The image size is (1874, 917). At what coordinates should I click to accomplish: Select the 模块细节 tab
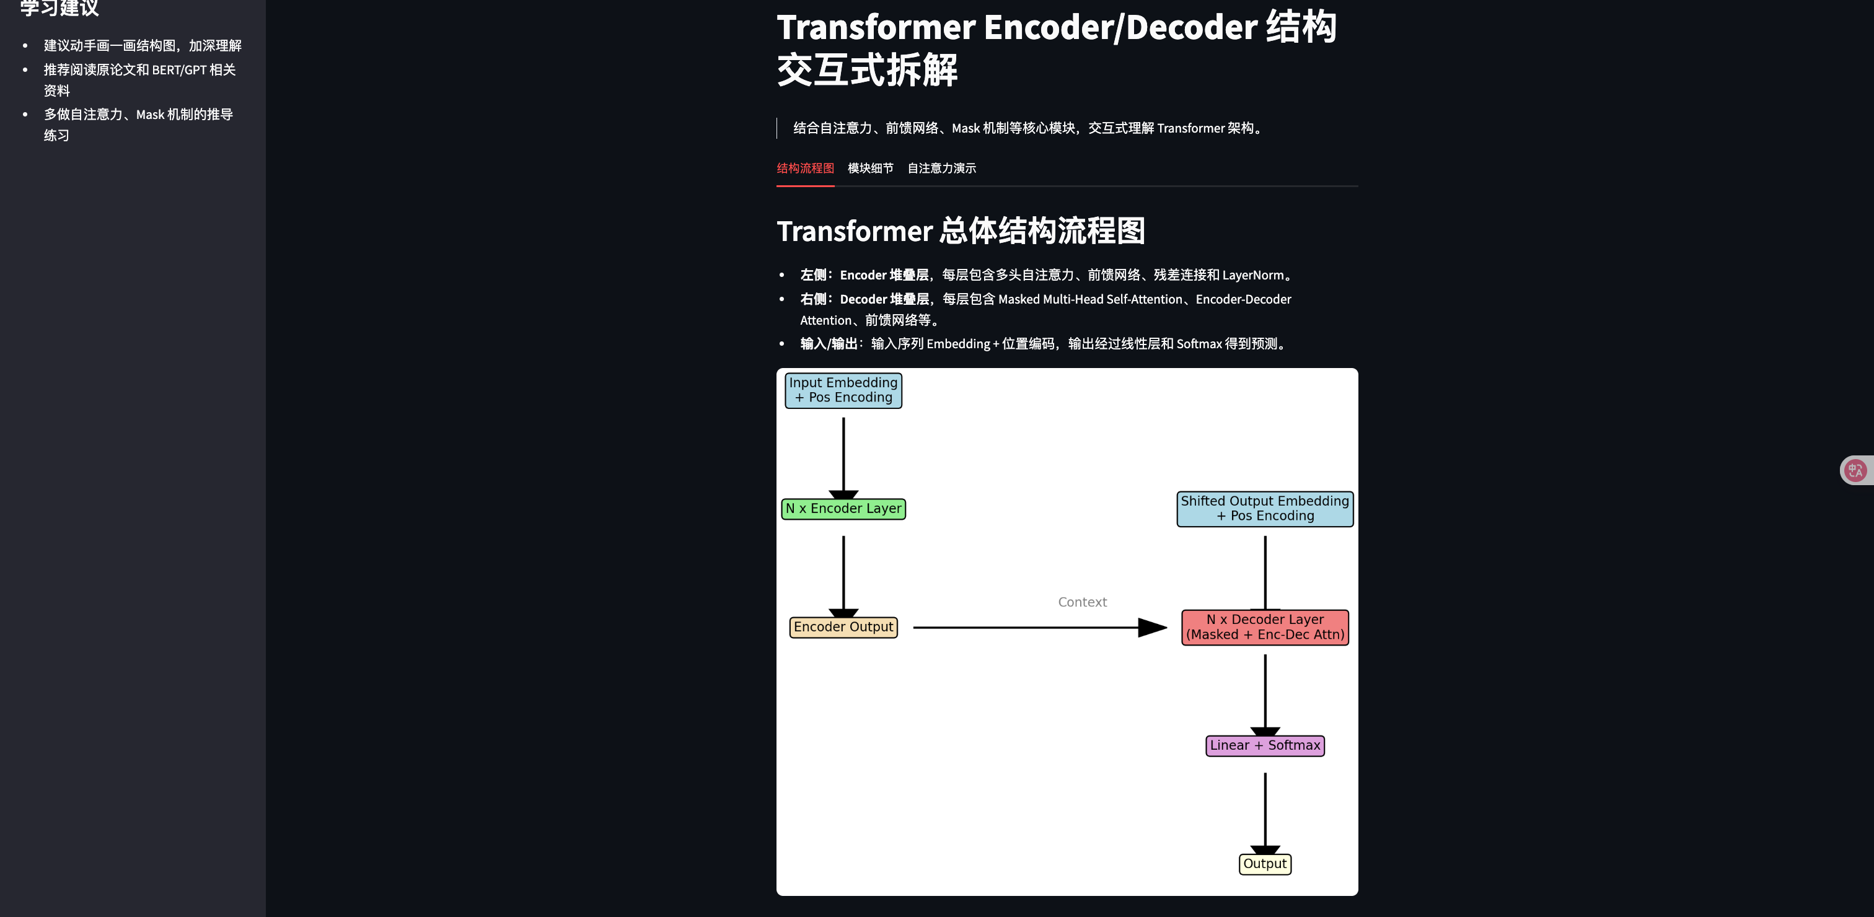point(870,168)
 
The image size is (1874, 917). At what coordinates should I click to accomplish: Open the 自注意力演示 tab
point(941,168)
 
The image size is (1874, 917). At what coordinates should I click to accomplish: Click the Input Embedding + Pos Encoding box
point(843,390)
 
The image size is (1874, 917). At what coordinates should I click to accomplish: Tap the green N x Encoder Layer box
point(843,508)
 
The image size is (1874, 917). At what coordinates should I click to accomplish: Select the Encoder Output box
point(843,627)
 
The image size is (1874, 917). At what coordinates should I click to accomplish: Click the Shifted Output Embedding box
point(1264,508)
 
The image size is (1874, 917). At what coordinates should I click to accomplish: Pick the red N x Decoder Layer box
point(1264,627)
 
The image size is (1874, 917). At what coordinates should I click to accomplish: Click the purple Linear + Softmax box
point(1264,745)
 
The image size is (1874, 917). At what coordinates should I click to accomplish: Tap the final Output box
point(1264,864)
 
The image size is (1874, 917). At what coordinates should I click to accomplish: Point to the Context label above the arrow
point(1082,602)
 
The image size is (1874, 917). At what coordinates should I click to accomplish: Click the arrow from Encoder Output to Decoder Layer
point(1033,627)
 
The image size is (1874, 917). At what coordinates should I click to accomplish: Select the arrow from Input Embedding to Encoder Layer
point(843,455)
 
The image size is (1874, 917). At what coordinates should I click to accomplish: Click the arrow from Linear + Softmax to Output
point(1264,811)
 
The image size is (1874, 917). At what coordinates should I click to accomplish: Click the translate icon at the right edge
point(1855,470)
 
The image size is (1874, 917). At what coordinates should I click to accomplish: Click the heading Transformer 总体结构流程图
point(961,231)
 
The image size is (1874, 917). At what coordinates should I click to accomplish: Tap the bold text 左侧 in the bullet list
point(813,275)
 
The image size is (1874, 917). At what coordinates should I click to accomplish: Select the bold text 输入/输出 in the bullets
point(829,344)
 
